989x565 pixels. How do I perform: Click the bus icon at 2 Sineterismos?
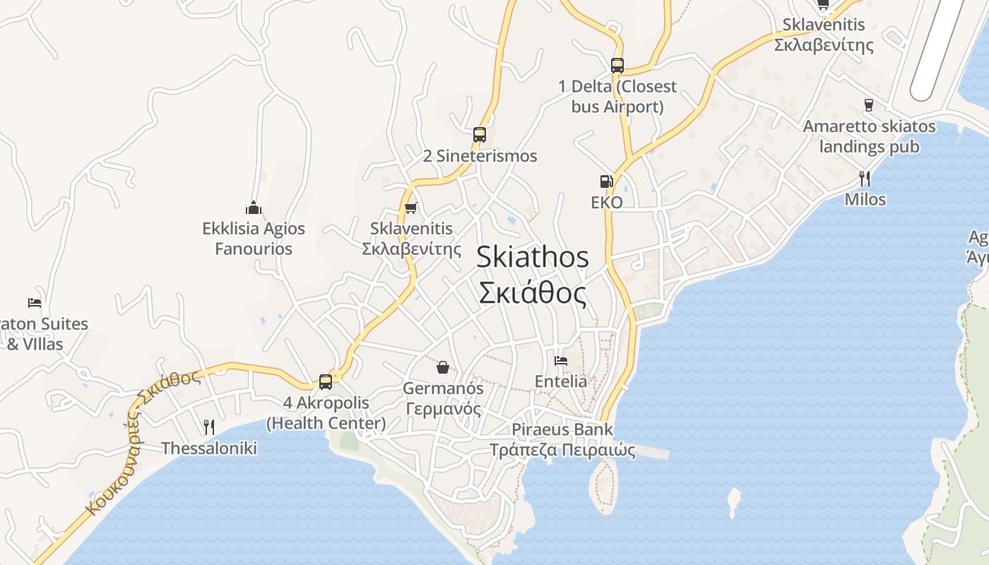480,134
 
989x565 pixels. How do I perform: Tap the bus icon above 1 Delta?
617,66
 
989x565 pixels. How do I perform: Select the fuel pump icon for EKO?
606,182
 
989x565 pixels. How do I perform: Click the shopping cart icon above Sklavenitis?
410,208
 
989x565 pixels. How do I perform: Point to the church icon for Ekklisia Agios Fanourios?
254,208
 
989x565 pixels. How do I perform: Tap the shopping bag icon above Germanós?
443,367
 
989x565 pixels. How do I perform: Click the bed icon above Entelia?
561,360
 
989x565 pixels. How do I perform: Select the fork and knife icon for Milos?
865,178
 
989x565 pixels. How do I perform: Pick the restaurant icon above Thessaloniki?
208,427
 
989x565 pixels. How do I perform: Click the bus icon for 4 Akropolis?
326,382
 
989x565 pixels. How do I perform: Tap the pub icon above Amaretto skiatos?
869,105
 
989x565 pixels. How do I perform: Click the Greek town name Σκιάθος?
533,293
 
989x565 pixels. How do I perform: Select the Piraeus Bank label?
562,429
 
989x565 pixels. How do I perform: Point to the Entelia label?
561,381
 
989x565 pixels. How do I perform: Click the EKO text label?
607,203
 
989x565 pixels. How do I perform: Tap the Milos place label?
865,200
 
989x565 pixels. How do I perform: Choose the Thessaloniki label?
209,448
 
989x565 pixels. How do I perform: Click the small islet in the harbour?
735,502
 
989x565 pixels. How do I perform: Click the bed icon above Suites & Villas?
35,303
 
